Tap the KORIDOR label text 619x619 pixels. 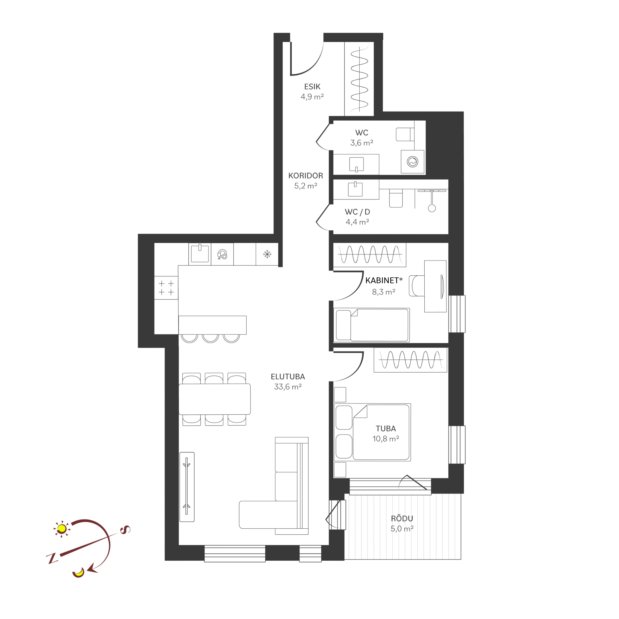pos(306,176)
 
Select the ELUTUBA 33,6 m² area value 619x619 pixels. pos(288,387)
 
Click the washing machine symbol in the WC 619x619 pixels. pos(413,162)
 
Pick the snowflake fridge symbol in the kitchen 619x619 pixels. pos(267,254)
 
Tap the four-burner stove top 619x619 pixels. pos(166,288)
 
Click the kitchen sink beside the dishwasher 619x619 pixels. pos(200,253)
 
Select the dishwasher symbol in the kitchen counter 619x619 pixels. pos(222,254)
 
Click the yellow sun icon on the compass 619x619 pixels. pos(62,529)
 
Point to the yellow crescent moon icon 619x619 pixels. pos(78,572)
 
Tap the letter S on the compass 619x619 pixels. pos(125,530)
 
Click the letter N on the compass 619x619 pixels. pos(52,558)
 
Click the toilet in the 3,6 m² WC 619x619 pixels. pos(405,134)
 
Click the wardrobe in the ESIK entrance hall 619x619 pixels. pos(359,79)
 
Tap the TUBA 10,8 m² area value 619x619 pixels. pos(386,439)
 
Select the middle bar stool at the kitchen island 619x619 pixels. pos(210,338)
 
